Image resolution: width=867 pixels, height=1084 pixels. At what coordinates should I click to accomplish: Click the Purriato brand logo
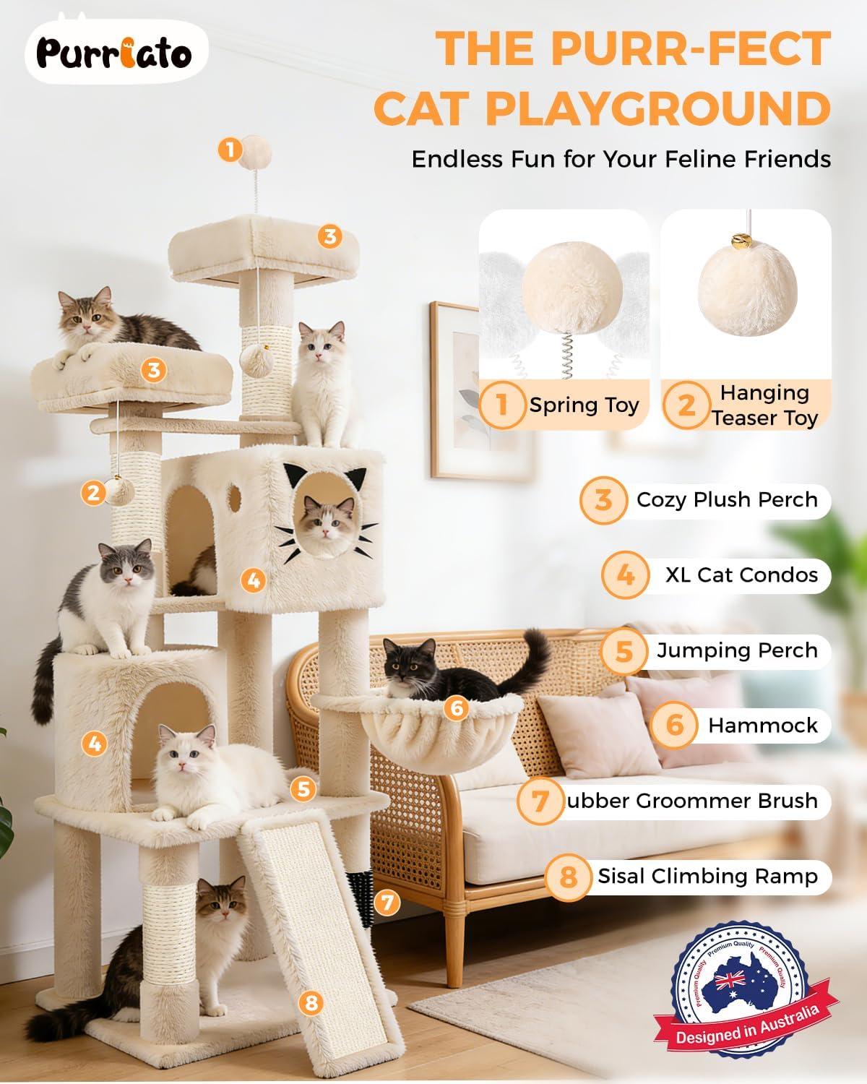(x=116, y=55)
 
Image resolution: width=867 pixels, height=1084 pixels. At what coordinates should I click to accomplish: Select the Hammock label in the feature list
(x=762, y=726)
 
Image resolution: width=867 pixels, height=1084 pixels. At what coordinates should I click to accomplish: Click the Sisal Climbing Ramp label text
(x=707, y=876)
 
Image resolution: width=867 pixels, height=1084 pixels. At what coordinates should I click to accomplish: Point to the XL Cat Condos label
(x=741, y=575)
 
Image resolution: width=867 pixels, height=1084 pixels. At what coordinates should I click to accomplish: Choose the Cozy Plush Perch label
(x=726, y=500)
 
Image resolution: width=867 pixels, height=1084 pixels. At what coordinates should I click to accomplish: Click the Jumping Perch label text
(x=736, y=650)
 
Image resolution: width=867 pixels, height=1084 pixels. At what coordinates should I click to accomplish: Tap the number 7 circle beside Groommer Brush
(x=541, y=801)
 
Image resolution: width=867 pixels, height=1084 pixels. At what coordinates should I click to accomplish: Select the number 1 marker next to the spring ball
(x=230, y=150)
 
